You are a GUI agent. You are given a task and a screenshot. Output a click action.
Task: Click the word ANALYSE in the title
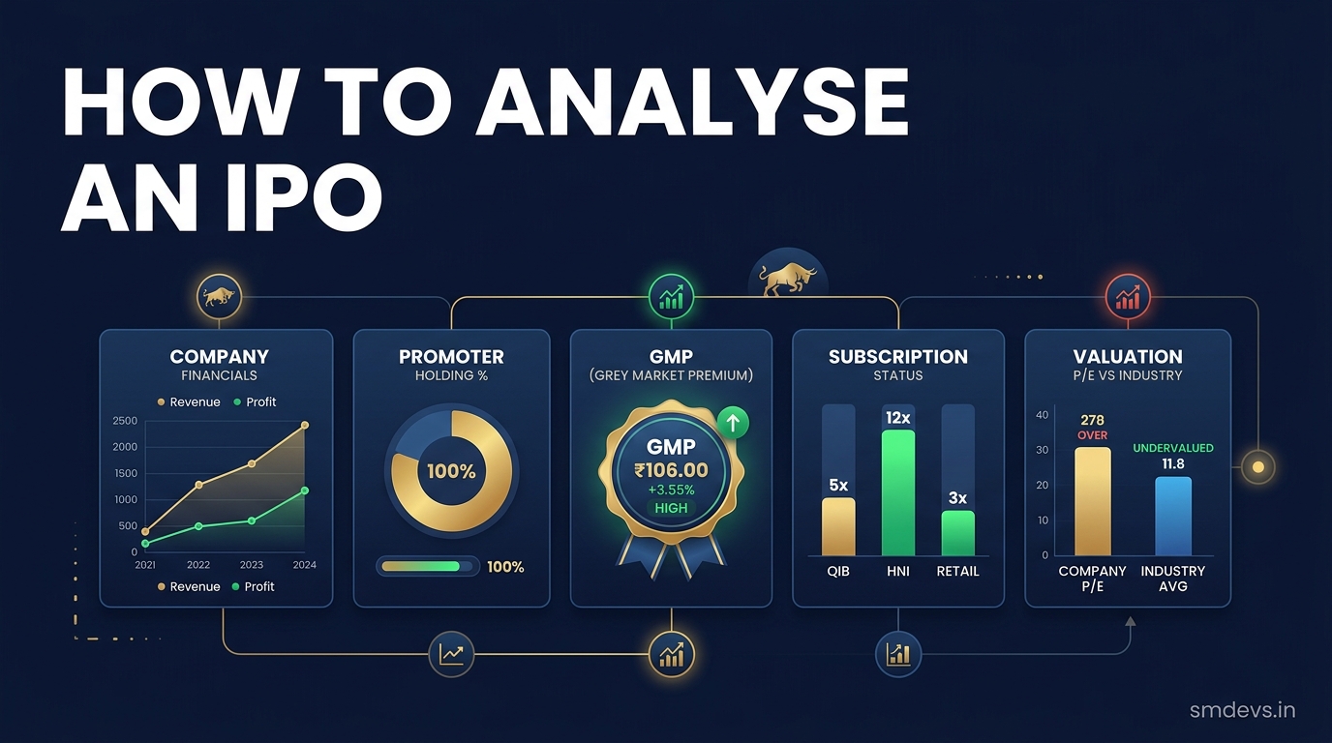pos(693,103)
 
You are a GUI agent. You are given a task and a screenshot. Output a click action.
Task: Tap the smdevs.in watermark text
pos(1242,710)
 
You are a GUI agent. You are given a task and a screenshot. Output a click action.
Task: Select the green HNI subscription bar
pos(898,492)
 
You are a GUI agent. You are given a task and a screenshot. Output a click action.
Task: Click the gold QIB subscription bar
pos(838,526)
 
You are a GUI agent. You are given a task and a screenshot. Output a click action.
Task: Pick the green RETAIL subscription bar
pos(957,533)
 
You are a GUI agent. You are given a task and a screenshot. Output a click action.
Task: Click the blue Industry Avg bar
pos(1172,516)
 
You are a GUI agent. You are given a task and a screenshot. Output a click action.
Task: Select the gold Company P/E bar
pos(1092,501)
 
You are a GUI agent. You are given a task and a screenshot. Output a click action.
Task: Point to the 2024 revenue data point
pos(305,425)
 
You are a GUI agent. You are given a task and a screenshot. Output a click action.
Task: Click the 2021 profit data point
pos(145,544)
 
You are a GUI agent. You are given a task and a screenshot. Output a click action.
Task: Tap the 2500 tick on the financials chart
pos(125,421)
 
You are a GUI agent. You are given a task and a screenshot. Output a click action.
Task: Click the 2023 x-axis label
pos(252,565)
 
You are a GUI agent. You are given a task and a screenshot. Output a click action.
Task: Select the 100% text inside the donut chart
pos(451,471)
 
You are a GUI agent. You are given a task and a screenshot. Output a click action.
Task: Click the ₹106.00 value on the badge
pos(672,470)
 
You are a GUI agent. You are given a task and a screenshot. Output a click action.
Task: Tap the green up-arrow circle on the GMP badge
pos(733,423)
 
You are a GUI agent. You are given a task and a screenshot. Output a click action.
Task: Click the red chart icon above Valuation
pos(1128,297)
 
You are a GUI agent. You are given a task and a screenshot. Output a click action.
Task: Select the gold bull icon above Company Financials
pos(220,296)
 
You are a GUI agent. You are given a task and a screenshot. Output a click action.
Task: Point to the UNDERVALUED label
pos(1172,448)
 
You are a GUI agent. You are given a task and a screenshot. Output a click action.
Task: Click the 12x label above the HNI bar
pos(898,418)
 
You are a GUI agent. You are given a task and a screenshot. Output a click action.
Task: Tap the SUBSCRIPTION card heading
pos(898,357)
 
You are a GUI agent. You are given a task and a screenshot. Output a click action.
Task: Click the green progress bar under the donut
pos(420,566)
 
